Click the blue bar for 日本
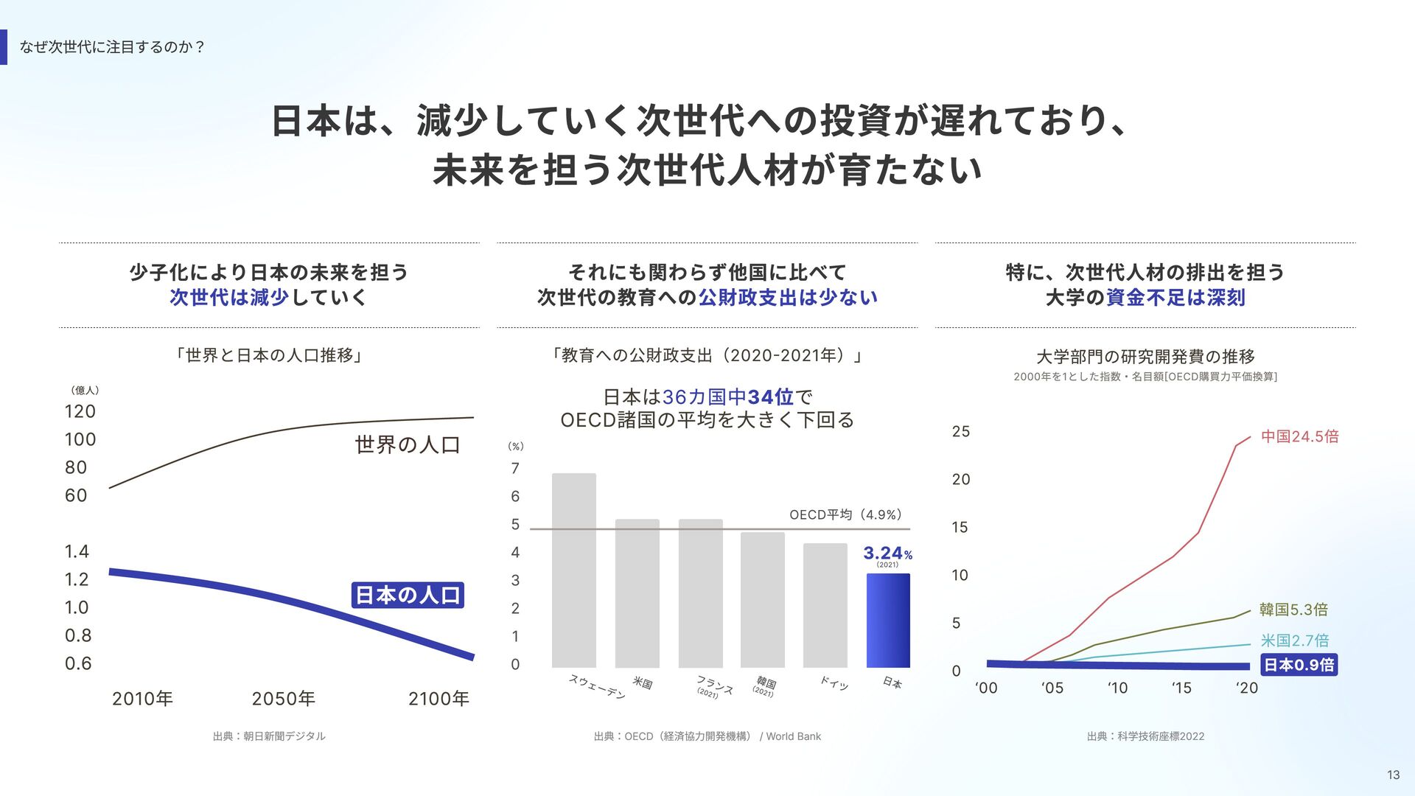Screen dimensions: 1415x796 point(888,621)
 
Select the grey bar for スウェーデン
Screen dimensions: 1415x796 point(574,570)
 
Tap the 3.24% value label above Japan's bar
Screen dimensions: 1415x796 point(888,554)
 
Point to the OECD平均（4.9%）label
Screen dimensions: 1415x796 point(846,514)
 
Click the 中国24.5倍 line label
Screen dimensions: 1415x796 point(1300,436)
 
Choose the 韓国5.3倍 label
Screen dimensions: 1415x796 point(1294,610)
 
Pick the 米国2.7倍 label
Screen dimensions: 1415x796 point(1295,640)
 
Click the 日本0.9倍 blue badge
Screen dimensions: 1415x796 point(1299,665)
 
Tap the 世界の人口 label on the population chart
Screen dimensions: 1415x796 point(408,444)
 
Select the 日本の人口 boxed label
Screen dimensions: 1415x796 point(408,595)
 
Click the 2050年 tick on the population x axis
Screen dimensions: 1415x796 point(284,699)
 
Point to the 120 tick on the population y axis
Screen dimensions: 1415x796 point(80,411)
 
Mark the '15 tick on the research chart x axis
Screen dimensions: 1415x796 point(1181,688)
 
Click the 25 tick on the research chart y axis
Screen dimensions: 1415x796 point(961,431)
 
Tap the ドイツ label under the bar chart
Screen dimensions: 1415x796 point(834,682)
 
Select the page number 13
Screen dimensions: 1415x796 point(1393,775)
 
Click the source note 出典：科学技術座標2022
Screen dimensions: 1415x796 point(1146,736)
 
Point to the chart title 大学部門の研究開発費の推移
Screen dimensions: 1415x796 point(1145,357)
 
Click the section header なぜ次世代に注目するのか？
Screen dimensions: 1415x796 point(112,47)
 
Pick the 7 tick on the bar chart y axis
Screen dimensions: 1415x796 point(515,469)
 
